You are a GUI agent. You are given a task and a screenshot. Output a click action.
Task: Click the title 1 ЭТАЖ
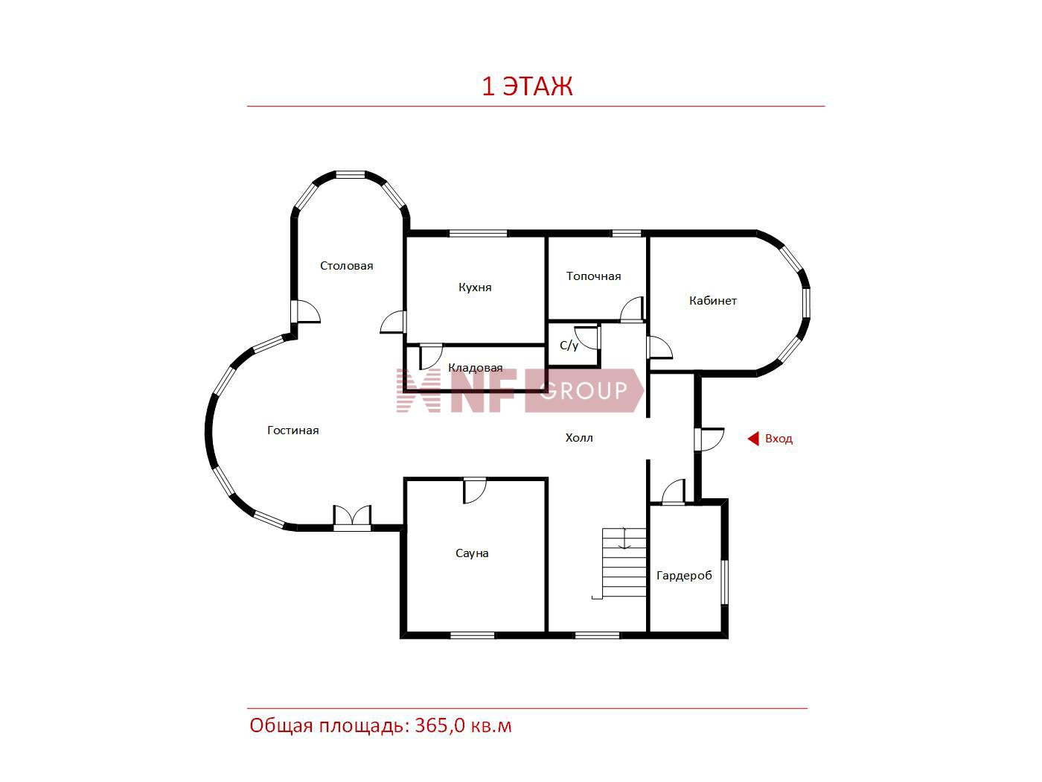click(527, 86)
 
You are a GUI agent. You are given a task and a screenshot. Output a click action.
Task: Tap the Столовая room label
click(347, 266)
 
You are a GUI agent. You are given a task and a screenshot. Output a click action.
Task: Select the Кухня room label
click(475, 287)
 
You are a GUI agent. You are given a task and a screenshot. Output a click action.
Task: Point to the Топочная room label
click(593, 276)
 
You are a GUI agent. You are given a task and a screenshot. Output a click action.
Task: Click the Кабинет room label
click(712, 301)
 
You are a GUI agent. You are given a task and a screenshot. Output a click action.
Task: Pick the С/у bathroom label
click(569, 346)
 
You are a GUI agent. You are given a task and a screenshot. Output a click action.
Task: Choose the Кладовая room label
click(475, 368)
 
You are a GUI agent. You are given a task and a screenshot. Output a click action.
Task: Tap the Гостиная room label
click(293, 430)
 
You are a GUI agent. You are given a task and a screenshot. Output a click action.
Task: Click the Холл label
click(578, 438)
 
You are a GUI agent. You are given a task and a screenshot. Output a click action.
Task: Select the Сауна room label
click(472, 553)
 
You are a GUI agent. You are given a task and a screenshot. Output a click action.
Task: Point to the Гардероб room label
click(684, 576)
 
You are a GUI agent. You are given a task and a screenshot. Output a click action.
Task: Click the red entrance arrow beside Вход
click(753, 439)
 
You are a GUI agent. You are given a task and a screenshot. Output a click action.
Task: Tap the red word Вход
click(779, 439)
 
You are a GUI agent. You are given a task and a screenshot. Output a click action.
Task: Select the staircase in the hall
click(624, 562)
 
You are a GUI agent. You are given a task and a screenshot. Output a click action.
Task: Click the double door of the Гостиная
click(352, 517)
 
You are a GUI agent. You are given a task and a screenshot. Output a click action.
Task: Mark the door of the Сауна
click(475, 491)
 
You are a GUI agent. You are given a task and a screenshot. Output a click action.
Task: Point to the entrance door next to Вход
click(709, 439)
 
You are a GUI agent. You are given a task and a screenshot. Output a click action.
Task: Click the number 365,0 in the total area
click(440, 726)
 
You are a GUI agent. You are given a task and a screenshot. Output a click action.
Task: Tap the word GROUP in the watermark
click(584, 390)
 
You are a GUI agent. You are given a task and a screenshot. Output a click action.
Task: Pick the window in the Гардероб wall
click(724, 582)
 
